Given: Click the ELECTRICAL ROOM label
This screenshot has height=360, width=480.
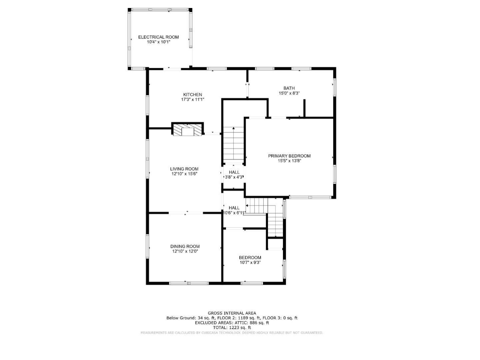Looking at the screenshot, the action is point(158,37).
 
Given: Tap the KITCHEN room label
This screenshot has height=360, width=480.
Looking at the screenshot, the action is point(192,94).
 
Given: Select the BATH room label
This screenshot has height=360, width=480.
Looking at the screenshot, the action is point(289,88).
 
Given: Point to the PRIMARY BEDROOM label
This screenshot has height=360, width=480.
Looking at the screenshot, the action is point(289,156).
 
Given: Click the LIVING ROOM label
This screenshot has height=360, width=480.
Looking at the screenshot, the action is point(184,169).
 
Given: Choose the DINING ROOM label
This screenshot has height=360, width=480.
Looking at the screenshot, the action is point(185,247).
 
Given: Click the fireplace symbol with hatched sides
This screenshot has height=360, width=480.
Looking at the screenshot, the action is point(187,130).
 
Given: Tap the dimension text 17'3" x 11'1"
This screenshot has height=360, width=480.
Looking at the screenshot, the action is point(192,99).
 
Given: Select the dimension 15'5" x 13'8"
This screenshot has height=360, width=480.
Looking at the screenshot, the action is point(290,161).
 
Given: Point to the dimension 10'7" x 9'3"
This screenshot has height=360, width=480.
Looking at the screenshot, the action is point(250,262).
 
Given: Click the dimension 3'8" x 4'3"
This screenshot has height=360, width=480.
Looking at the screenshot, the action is point(234,177).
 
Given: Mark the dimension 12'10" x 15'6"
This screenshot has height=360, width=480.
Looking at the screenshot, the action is point(184,174).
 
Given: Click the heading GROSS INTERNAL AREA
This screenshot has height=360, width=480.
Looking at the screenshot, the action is point(232,313).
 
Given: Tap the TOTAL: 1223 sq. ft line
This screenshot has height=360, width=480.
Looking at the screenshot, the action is point(232,328).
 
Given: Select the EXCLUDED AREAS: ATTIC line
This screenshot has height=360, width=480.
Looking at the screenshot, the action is point(232,323).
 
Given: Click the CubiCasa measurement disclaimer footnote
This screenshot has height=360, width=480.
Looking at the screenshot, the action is point(232,333).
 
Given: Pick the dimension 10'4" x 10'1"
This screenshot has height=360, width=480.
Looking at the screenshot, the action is point(158,42).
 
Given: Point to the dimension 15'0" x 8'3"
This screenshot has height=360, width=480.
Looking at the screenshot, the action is point(289,93).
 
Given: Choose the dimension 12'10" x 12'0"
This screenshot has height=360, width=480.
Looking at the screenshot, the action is point(185,252).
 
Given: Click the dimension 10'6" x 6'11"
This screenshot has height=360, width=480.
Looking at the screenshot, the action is point(234,213).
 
